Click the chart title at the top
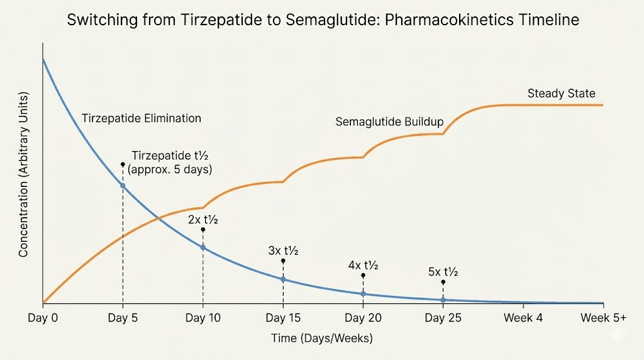(322, 20)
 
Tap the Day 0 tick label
(43, 318)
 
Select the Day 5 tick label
(123, 318)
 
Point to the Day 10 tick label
(203, 318)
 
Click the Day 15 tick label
(283, 318)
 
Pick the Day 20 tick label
(363, 318)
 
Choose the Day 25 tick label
(443, 318)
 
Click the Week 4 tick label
(523, 318)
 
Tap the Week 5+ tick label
(603, 318)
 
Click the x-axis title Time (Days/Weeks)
(322, 339)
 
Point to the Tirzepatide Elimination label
(142, 118)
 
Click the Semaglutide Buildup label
(389, 121)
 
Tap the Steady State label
(561, 94)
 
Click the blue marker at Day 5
(123, 186)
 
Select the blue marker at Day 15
(283, 279)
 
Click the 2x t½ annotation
(203, 220)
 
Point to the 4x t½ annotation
(363, 265)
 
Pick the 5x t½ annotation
(443, 272)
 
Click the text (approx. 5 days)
(170, 169)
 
